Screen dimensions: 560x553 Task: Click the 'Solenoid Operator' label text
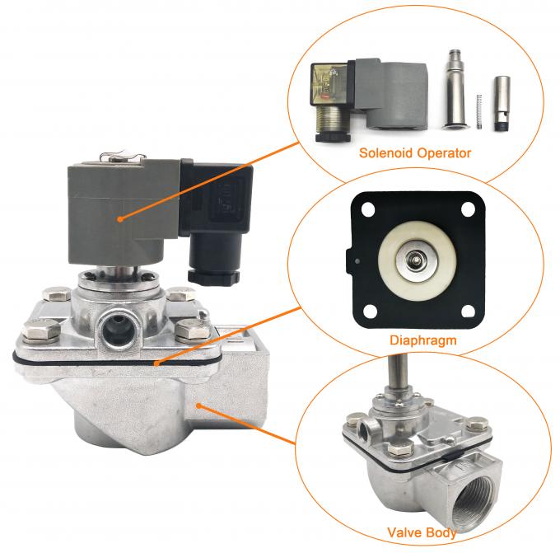[x=415, y=153]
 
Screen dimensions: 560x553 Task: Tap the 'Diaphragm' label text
[x=422, y=340]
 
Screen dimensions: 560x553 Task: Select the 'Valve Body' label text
[x=422, y=532]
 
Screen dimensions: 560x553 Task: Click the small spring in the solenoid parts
[x=479, y=112]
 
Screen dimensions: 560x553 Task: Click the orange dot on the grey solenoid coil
[x=121, y=218]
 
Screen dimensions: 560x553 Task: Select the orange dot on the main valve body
[x=199, y=405]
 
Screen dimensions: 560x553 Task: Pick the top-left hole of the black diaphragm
[x=368, y=209]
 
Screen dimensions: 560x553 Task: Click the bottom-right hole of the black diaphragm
[x=468, y=311]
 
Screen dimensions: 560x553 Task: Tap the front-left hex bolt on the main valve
[x=41, y=330]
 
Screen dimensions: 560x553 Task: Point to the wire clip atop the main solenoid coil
[x=123, y=157]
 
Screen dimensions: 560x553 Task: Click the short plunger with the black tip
[x=502, y=103]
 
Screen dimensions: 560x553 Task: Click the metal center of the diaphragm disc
[x=416, y=258]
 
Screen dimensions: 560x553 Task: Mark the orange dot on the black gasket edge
[x=156, y=364]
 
